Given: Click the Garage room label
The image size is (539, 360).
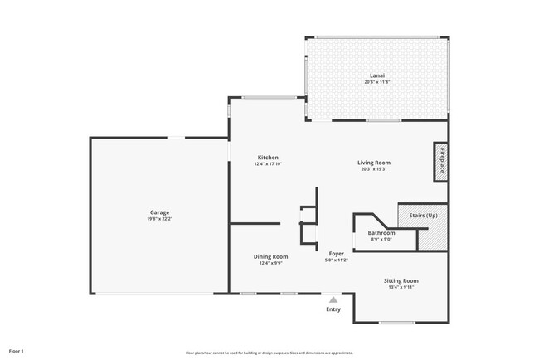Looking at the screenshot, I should tap(160, 212).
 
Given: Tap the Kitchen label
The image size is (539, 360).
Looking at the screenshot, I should tap(268, 158).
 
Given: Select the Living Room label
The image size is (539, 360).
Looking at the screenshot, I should tap(374, 163).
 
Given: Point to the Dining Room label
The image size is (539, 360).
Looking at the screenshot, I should tap(270, 256).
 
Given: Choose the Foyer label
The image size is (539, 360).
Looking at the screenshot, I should tap(336, 254).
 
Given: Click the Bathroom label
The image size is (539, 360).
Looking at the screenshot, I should tap(381, 233).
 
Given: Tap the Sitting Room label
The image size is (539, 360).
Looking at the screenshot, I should tap(401, 281).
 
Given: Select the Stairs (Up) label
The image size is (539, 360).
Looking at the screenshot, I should tap(424, 216).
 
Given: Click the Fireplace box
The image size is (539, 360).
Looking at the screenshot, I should tap(442, 160).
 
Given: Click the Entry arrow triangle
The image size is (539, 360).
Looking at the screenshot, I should tap(333, 300).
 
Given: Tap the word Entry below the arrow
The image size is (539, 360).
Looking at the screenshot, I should tap(333, 309).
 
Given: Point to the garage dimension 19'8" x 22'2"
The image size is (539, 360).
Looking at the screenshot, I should tap(160, 219).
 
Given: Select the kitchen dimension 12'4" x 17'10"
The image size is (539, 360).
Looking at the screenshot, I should tap(268, 164).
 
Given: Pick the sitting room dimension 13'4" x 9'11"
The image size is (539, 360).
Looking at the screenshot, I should tap(401, 288).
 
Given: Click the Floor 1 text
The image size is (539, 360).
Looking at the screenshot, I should tap(17, 351).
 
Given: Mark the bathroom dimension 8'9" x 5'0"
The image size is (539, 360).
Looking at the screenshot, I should tap(381, 240).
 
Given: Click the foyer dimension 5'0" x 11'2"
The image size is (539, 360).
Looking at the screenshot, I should tap(336, 260).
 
